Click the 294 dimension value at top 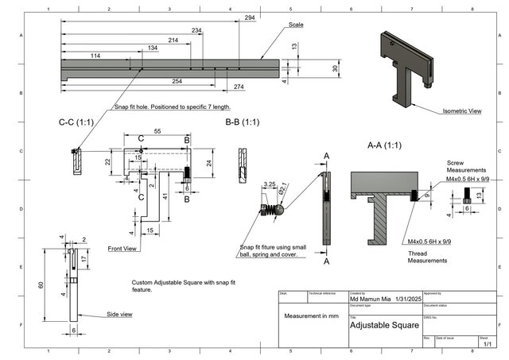(250, 17)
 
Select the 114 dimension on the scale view (95, 56)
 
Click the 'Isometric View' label (462, 111)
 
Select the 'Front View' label (123, 249)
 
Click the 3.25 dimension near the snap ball (269, 184)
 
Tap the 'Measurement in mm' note (311, 315)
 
